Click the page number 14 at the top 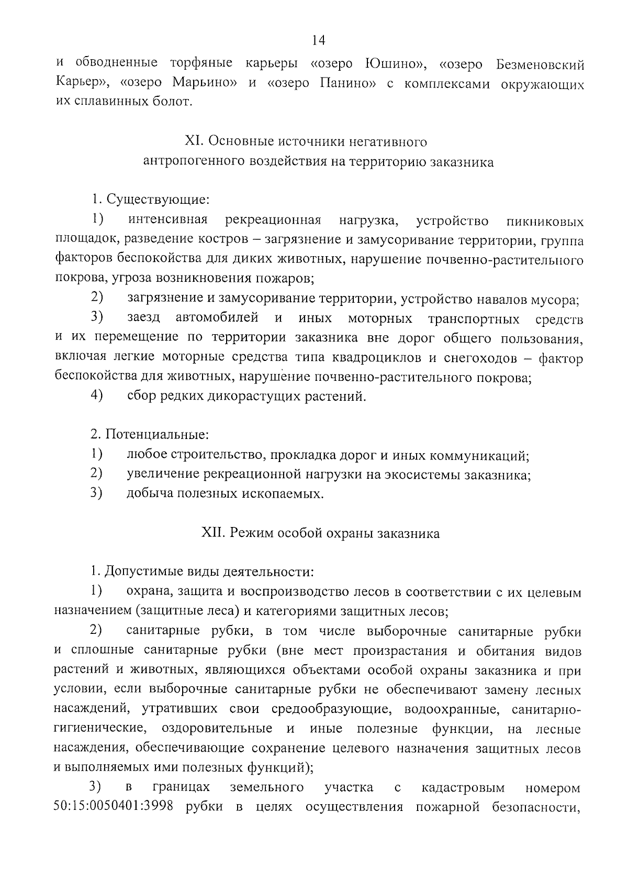(x=318, y=40)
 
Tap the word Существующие (x=158, y=200)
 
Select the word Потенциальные (x=157, y=434)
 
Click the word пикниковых (x=545, y=222)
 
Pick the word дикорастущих (x=256, y=396)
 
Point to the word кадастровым (x=463, y=787)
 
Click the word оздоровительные (x=217, y=729)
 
